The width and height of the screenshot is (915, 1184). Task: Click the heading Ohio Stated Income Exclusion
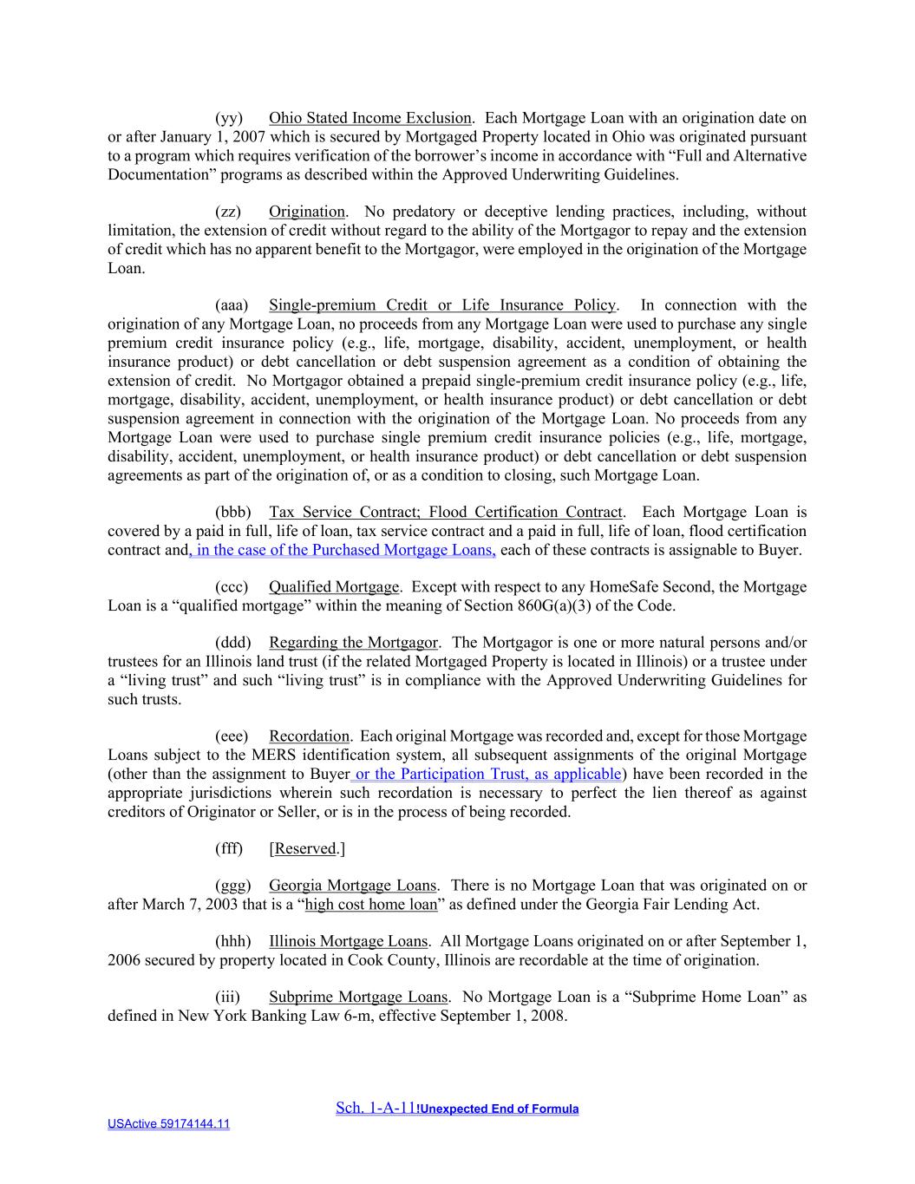click(369, 118)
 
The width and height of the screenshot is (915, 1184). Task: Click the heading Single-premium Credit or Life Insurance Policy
click(442, 305)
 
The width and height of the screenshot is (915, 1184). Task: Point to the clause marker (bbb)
click(232, 512)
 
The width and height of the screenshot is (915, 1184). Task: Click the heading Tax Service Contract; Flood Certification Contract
click(446, 512)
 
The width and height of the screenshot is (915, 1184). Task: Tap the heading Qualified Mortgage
click(334, 587)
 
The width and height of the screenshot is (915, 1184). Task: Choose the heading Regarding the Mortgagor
click(353, 643)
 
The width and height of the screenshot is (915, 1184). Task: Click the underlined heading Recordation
click(309, 736)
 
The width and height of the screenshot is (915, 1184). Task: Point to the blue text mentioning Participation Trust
click(486, 774)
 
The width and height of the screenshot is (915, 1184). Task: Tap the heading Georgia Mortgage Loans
click(352, 886)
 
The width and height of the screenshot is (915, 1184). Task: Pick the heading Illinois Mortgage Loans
click(348, 941)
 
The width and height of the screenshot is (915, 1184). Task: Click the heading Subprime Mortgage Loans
click(358, 998)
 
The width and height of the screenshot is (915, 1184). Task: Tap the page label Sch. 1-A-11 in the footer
click(376, 1108)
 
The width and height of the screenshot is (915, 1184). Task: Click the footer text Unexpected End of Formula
click(499, 1109)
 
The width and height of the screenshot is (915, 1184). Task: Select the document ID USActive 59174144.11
click(168, 1124)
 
